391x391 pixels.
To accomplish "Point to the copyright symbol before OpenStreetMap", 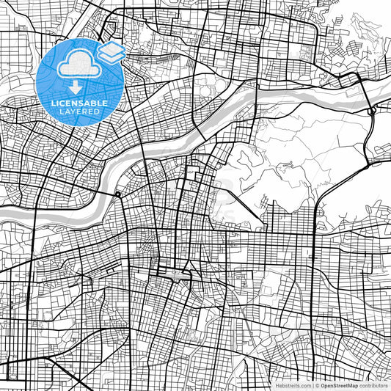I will pyautogui.click(x=317, y=385).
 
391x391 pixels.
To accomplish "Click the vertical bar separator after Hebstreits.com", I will pyautogui.click(x=312, y=385).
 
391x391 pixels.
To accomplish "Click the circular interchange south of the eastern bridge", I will pyautogui.click(x=373, y=111).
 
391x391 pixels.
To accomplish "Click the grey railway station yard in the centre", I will pyautogui.click(x=175, y=276).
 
